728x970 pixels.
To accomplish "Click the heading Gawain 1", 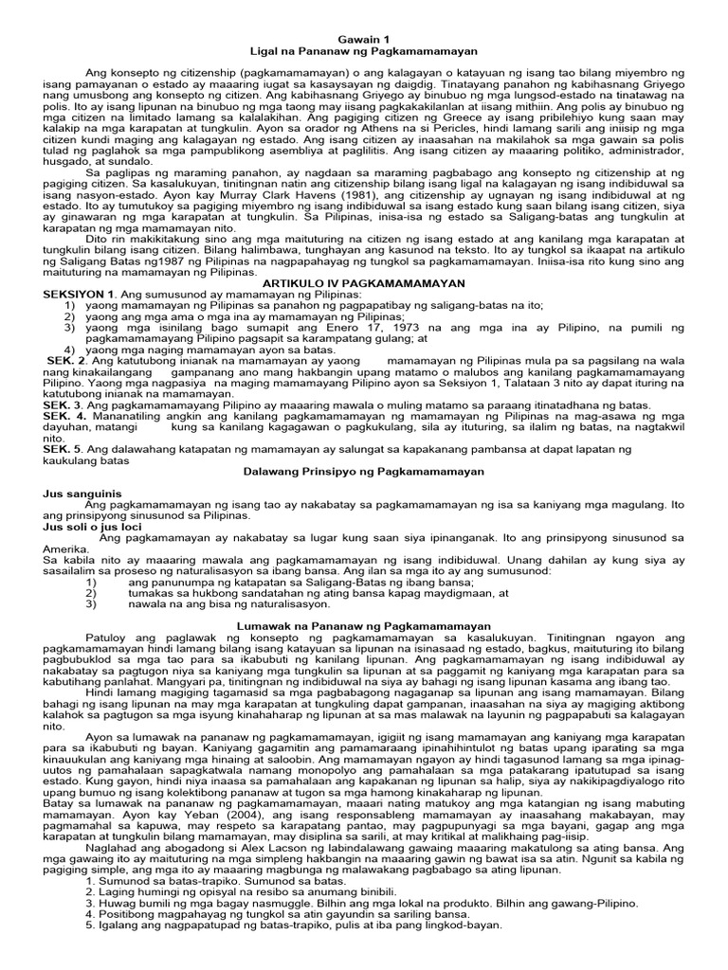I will coord(364,35).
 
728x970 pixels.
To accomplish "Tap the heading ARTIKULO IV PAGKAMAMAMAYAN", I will coord(364,283).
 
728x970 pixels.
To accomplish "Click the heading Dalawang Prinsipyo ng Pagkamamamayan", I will coord(364,471).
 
